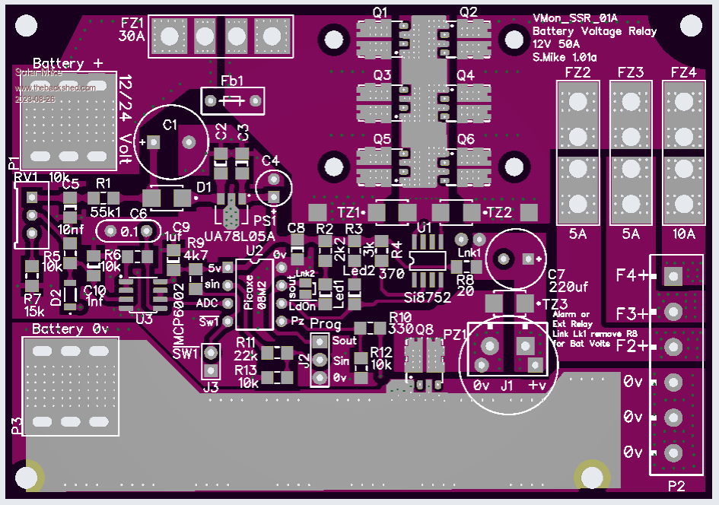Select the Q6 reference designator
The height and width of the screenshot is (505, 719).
pos(466,139)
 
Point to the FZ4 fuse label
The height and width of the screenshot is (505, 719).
pos(683,73)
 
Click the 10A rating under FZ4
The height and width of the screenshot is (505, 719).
pos(683,234)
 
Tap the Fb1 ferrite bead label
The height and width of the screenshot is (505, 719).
pos(232,81)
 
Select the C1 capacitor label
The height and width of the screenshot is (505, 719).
pos(170,124)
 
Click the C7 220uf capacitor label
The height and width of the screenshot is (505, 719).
pos(567,280)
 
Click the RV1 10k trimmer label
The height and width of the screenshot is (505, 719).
pos(42,176)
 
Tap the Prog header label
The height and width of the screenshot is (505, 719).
pos(326,325)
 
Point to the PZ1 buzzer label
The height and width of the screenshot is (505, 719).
pos(453,335)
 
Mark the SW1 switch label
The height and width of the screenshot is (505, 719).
pos(185,354)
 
